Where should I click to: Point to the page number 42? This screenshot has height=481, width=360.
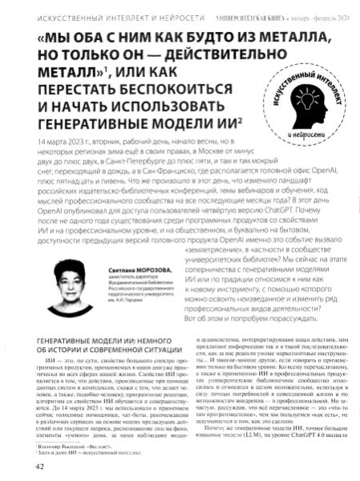[x=24, y=465]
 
